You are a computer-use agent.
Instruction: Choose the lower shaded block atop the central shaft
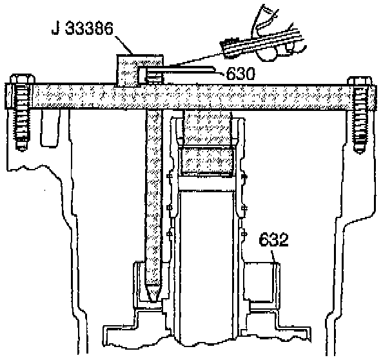206,162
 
